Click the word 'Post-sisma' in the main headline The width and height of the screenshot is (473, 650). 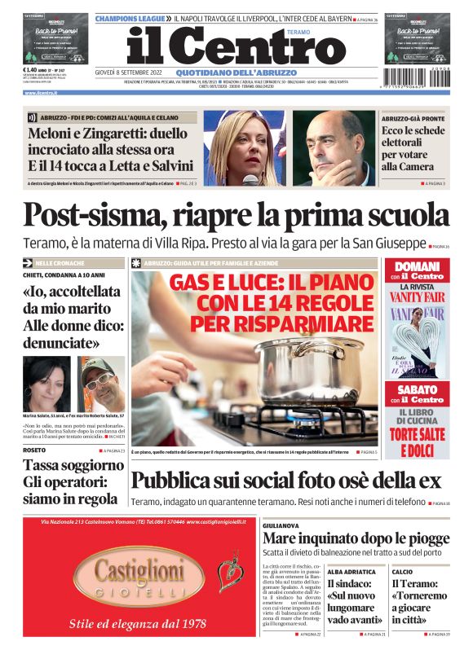[x=95, y=214]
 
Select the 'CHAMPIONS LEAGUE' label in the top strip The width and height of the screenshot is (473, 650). [x=133, y=17]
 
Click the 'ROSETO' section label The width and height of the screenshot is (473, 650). [x=34, y=450]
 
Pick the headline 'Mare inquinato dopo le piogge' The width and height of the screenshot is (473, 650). [x=356, y=538]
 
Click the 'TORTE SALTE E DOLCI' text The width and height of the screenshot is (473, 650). [x=416, y=443]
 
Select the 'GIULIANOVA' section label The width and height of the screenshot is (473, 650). [x=283, y=526]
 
